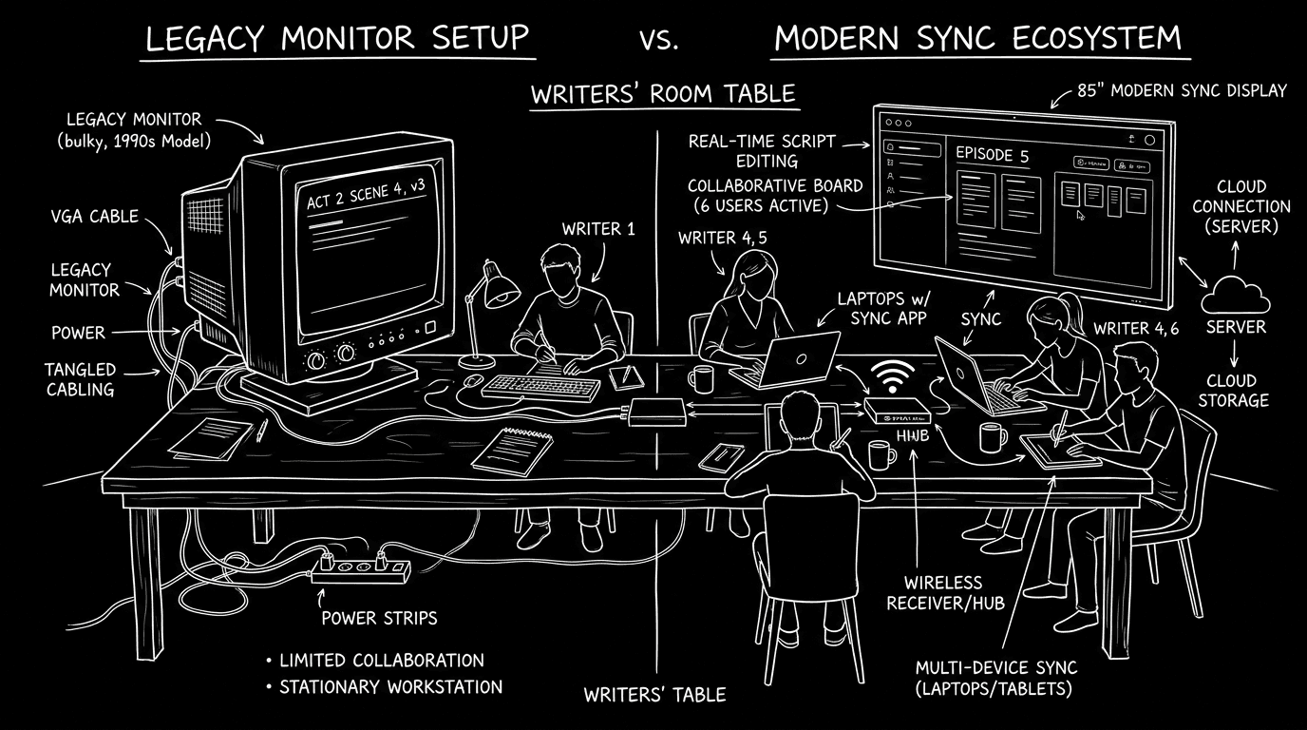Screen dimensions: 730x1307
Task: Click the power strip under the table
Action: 362,569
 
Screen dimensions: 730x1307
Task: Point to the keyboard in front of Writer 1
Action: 540,387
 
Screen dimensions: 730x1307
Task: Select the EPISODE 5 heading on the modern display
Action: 992,156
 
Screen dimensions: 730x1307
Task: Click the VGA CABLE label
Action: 94,216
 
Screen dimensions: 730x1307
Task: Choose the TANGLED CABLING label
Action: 80,378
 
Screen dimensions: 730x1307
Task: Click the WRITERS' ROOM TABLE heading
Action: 662,95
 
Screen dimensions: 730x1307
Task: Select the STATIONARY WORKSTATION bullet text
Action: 390,686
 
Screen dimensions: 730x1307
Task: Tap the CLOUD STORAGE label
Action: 1233,390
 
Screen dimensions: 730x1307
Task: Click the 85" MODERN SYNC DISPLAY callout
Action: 1182,91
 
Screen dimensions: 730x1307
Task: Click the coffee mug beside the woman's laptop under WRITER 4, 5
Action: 701,377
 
